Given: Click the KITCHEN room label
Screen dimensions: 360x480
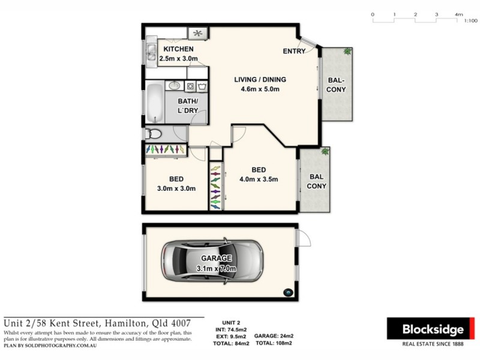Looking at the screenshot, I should tap(178, 49).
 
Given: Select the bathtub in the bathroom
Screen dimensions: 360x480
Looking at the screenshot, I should tap(154, 102).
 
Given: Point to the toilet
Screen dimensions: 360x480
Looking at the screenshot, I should tap(153, 134).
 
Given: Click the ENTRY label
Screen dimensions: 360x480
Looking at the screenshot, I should tap(294, 52).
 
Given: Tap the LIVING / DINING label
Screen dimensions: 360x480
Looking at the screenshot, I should tap(260, 80).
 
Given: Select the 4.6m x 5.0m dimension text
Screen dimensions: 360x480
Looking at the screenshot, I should tap(260, 89).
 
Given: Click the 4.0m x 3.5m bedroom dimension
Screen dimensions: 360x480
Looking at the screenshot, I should tap(259, 179).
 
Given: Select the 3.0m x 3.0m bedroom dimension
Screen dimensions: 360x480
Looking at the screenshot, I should tap(176, 188).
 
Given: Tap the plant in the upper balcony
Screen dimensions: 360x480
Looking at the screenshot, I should tap(347, 52).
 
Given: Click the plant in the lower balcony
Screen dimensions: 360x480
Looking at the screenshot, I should tap(325, 152).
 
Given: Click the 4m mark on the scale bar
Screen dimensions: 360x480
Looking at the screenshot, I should tap(458, 14).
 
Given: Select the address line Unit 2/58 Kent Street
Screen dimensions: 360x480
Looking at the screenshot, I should tap(103, 323).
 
